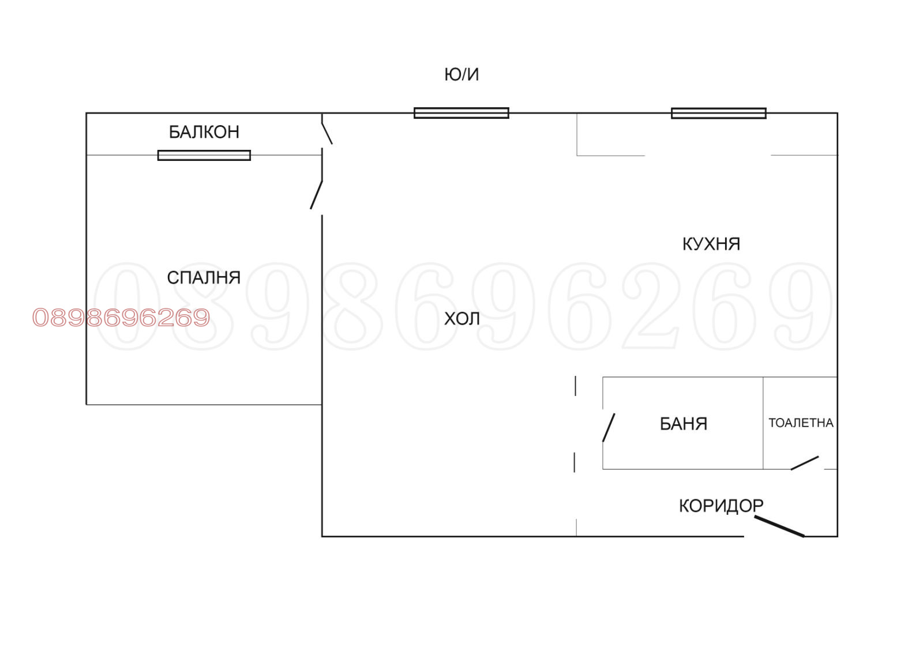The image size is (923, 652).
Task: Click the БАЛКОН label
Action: point(204,132)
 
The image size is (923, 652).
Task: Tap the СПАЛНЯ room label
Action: point(204,278)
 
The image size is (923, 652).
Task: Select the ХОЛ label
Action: point(461,319)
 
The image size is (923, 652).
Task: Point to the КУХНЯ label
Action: point(711,244)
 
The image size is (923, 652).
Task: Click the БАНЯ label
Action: point(683,424)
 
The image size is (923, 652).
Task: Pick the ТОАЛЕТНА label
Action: point(801,423)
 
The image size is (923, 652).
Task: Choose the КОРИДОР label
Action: point(721,506)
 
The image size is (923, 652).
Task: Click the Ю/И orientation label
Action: point(461,74)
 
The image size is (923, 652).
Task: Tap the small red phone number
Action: point(121,318)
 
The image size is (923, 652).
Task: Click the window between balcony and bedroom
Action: point(204,155)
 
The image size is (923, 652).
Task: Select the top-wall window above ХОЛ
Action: point(461,113)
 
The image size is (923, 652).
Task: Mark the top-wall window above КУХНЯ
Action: point(718,113)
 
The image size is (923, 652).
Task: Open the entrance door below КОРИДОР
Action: point(779,526)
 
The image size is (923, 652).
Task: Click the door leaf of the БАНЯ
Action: point(609,427)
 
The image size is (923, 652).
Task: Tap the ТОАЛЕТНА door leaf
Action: point(804,463)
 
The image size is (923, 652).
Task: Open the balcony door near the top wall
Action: point(327,130)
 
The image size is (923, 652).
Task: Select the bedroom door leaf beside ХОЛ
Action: point(316,195)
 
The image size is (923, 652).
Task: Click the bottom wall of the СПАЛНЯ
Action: point(204,405)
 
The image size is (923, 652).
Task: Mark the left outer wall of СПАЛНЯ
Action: point(87,277)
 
